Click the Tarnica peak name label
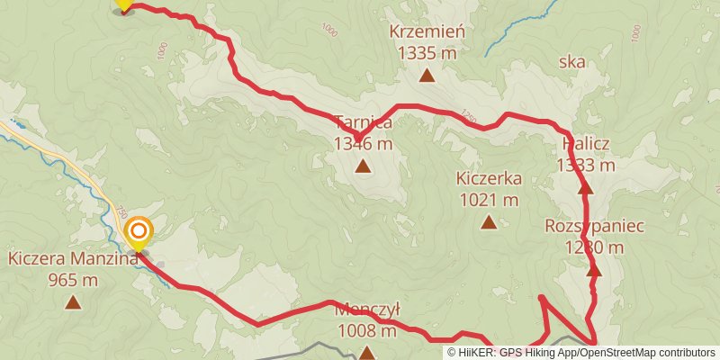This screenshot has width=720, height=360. (x=363, y=122)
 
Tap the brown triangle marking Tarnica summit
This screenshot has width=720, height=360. (x=363, y=166)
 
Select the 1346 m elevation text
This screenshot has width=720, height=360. (x=363, y=143)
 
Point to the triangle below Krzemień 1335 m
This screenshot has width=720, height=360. (x=427, y=76)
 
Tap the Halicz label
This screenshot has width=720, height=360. (x=586, y=144)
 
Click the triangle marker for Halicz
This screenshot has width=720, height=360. (x=586, y=188)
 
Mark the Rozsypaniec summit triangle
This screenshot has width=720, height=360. (x=593, y=269)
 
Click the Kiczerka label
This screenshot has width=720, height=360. (x=488, y=178)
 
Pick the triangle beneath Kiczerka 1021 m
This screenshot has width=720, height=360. (x=488, y=221)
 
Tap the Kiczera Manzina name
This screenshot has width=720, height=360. (x=73, y=259)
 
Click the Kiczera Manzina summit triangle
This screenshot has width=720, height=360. (x=73, y=302)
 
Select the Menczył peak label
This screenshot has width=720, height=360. (x=366, y=310)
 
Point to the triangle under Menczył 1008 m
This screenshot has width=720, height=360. (x=366, y=353)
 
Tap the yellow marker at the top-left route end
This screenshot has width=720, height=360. (x=123, y=4)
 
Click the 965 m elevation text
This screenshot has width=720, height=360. (x=73, y=280)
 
